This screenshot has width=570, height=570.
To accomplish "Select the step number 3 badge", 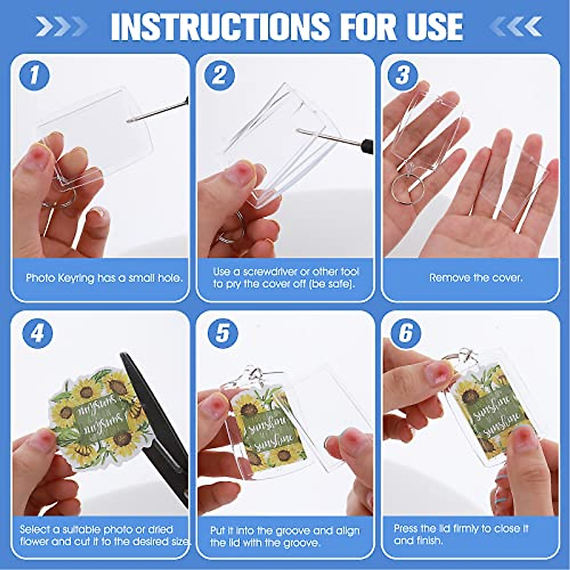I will [x=402, y=76].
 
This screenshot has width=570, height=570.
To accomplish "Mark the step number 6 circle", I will [x=405, y=333].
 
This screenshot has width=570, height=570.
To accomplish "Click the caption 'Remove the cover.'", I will [x=475, y=277].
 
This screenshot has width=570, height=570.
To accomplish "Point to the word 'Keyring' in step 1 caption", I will [x=76, y=278].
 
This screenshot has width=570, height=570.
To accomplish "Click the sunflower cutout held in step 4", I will [x=95, y=418].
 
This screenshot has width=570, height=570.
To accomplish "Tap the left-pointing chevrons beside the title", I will [x=515, y=26].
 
